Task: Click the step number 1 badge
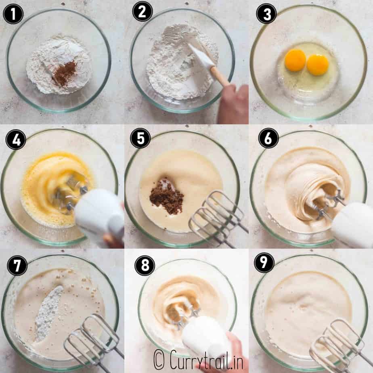pyautogui.click(x=13, y=14)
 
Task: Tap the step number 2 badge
pyautogui.click(x=142, y=11)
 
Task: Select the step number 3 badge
pyautogui.click(x=266, y=14)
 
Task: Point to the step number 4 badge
pyautogui.click(x=16, y=139)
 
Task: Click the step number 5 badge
pyautogui.click(x=140, y=138)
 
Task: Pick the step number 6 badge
pyautogui.click(x=268, y=138)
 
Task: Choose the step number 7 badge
pyautogui.click(x=17, y=266)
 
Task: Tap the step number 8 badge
pyautogui.click(x=145, y=266)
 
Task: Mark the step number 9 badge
pyautogui.click(x=264, y=263)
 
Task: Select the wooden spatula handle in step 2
pyautogui.click(x=220, y=77)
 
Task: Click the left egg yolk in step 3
pyautogui.click(x=295, y=60)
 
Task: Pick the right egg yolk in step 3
pyautogui.click(x=318, y=65)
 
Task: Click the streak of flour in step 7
pyautogui.click(x=49, y=314)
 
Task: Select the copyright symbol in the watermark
pyautogui.click(x=159, y=359)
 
